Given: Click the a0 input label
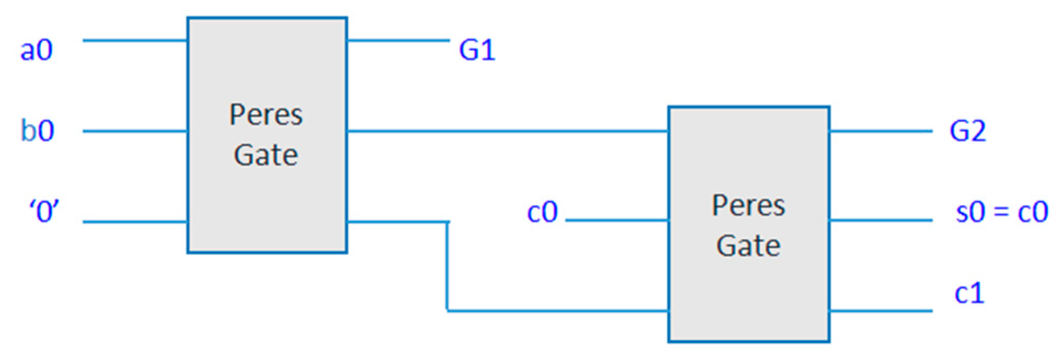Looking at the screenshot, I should (x=36, y=50).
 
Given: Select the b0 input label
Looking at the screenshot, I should (x=37, y=131).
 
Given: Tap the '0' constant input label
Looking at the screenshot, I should (x=44, y=211).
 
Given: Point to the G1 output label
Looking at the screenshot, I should (x=477, y=50).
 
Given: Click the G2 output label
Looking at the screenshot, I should (x=967, y=131).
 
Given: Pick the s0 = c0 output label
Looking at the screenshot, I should (x=1001, y=212).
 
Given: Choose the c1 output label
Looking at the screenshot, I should (x=969, y=293).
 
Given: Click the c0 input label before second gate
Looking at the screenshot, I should (x=542, y=212).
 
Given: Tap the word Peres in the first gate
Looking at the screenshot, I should (x=266, y=115).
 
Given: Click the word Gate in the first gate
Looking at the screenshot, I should (x=266, y=155).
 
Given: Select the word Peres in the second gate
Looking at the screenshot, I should (x=748, y=206).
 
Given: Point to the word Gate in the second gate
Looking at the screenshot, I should (x=748, y=245).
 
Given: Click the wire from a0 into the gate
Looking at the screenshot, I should (x=135, y=40).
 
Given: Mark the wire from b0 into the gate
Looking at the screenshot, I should (x=135, y=131).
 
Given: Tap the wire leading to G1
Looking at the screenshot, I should (x=398, y=40).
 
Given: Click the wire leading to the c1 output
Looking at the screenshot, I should (x=881, y=311).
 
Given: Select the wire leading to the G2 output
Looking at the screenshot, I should (x=881, y=131).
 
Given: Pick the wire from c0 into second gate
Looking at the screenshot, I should (x=617, y=220).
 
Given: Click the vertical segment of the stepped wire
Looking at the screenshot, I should (x=447, y=266).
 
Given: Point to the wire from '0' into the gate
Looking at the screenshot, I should (x=135, y=222).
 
